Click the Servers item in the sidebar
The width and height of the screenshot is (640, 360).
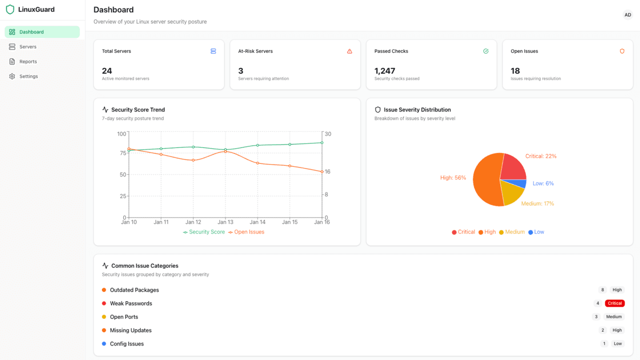[28, 47]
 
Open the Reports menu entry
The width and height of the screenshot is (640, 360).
[28, 62]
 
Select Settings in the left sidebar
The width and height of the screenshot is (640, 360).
[28, 76]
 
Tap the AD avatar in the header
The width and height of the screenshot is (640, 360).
[628, 15]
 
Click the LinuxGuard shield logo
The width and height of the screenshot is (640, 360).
[10, 10]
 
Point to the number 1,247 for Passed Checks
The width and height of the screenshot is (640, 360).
[385, 71]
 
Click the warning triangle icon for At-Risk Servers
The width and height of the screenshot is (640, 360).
[350, 51]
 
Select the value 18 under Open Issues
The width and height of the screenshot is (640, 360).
[515, 71]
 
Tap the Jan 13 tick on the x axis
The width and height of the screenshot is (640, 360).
[226, 222]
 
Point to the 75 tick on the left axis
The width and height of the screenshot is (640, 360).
[123, 153]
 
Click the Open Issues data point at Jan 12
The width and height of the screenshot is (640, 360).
[193, 160]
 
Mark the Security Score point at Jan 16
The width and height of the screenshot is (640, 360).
[322, 142]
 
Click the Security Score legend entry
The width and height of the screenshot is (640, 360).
[204, 232]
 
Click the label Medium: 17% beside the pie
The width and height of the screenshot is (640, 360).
[538, 204]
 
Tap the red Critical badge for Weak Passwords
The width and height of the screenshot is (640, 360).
[615, 303]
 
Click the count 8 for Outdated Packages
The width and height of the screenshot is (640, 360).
[603, 290]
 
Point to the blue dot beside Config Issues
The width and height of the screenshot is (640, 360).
[104, 344]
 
